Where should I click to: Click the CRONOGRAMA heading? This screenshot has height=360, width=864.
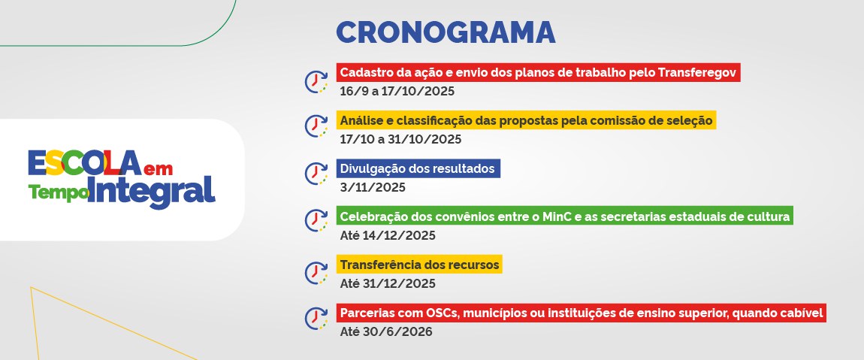(446, 32)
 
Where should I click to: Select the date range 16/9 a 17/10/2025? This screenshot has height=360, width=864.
(397, 92)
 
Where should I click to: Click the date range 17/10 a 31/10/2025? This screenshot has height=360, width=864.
(400, 140)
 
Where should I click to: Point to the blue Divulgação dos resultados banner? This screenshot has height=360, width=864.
(418, 168)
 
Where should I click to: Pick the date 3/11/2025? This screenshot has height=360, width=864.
(373, 187)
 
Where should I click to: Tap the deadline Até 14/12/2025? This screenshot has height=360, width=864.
(388, 236)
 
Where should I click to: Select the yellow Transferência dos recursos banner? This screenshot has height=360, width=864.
(419, 265)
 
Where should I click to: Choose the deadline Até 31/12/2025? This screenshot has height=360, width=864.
(388, 284)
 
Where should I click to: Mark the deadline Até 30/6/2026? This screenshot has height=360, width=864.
(385, 332)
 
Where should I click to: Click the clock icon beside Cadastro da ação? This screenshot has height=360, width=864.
(316, 82)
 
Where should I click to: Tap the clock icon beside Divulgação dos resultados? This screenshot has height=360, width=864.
(316, 173)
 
